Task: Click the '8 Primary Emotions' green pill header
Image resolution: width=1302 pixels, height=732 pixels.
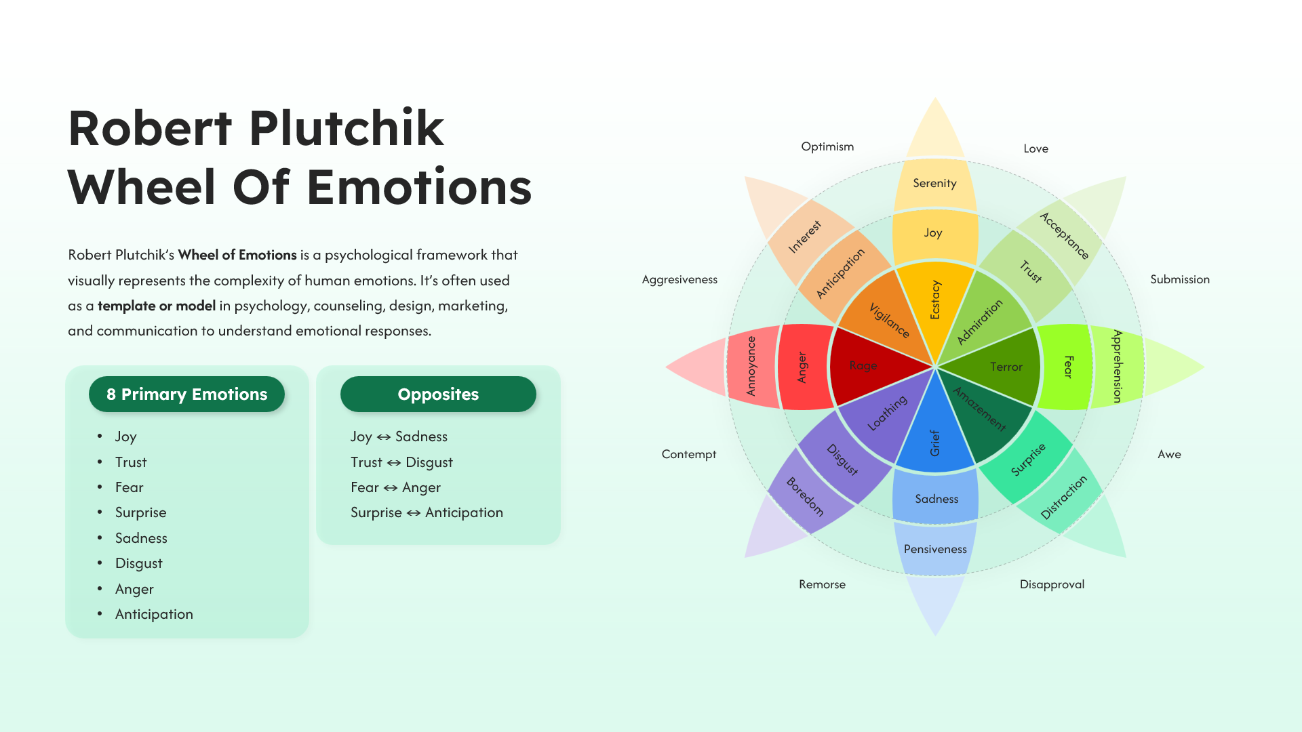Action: (186, 394)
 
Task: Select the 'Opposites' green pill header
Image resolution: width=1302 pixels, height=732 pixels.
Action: (438, 394)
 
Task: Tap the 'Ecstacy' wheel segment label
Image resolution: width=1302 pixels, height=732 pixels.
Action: (935, 300)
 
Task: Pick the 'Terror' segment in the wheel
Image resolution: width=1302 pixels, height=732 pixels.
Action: (997, 367)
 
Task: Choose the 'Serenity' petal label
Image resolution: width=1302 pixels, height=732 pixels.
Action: (934, 183)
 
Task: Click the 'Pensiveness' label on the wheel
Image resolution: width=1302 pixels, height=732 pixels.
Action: (935, 549)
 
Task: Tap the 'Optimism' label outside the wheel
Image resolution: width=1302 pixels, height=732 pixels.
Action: (827, 146)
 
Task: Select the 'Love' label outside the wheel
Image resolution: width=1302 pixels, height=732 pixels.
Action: (1035, 148)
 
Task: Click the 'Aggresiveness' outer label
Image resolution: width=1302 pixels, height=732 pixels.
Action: (679, 279)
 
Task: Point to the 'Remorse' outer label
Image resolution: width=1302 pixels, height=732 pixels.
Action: (822, 584)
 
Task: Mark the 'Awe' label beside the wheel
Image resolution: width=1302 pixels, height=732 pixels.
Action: (1169, 454)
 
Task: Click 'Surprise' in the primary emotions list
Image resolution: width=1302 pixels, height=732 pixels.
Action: (140, 512)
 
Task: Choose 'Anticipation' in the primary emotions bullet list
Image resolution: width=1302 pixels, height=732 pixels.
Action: (154, 614)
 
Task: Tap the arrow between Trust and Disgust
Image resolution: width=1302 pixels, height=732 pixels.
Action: (394, 463)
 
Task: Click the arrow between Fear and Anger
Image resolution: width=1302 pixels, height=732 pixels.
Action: (391, 488)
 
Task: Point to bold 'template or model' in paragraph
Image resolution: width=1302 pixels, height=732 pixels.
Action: (157, 306)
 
